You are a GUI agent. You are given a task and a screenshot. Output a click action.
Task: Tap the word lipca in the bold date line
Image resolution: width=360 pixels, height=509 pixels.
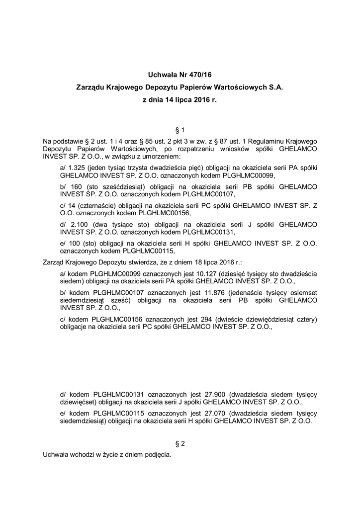click(x=186, y=99)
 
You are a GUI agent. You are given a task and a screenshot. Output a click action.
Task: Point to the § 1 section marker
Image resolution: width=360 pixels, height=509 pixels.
click(x=180, y=130)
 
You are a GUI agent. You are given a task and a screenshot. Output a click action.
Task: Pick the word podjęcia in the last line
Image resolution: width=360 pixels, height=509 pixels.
click(x=157, y=454)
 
